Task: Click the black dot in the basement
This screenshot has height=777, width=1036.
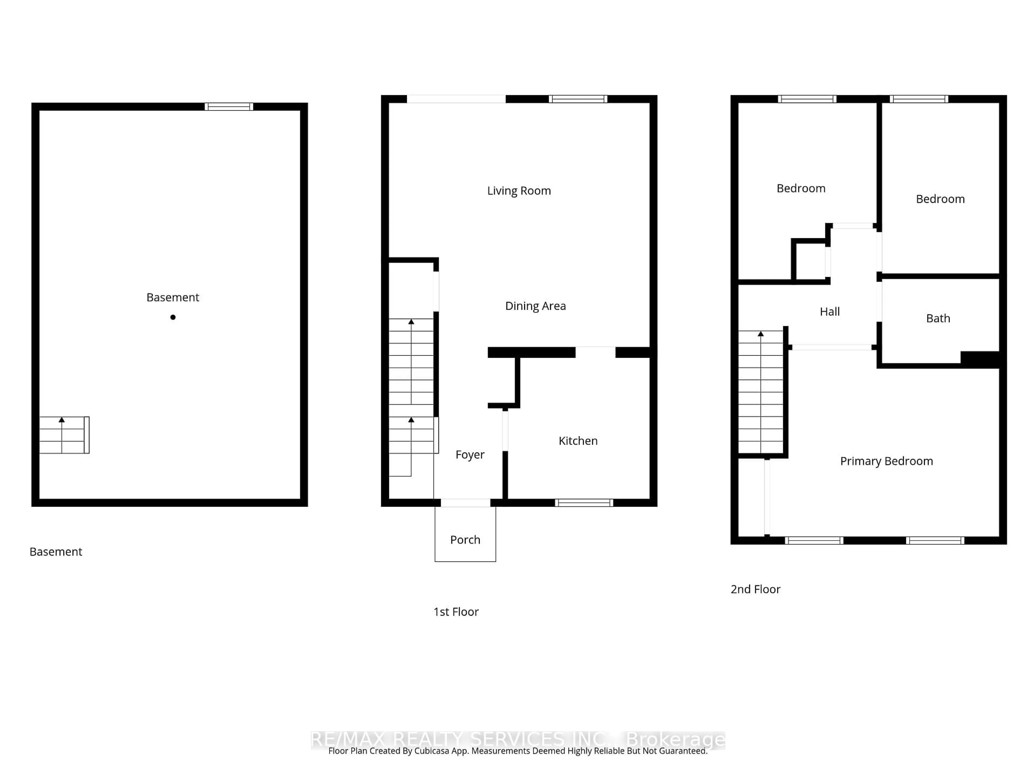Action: click(173, 317)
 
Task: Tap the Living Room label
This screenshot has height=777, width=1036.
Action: click(519, 191)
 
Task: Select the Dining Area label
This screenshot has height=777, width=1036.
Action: click(535, 306)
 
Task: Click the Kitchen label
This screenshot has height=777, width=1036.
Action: click(578, 441)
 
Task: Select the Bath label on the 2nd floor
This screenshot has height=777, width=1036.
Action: click(938, 318)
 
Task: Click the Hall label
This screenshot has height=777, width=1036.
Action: click(829, 311)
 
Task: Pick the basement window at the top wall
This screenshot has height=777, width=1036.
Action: click(229, 107)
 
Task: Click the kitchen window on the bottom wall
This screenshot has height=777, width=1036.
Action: click(584, 503)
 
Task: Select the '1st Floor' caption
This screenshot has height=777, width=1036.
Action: click(456, 612)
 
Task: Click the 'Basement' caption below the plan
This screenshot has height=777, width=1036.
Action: click(56, 552)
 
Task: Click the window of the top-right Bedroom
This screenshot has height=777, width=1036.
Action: click(919, 99)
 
